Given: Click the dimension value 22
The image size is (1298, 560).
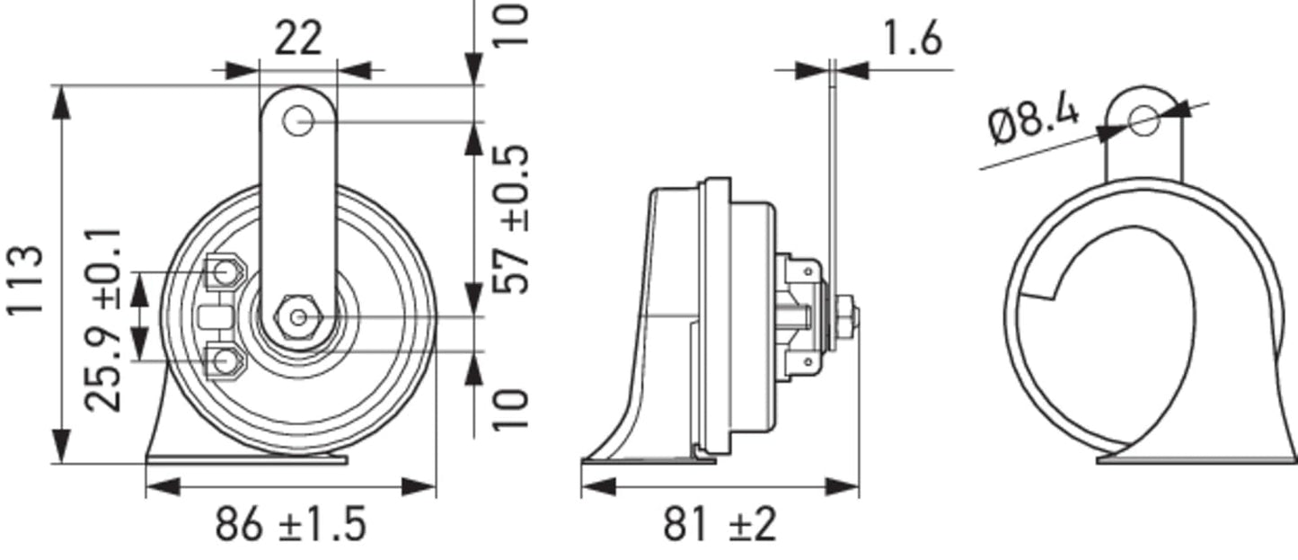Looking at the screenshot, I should click(x=297, y=39).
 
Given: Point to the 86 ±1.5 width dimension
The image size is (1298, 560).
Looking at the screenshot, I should click(x=290, y=524).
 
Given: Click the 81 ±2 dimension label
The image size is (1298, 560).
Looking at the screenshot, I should click(x=720, y=524).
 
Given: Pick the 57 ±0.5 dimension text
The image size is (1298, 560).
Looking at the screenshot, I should click(x=513, y=219).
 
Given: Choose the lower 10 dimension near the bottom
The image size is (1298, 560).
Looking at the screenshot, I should click(x=513, y=409).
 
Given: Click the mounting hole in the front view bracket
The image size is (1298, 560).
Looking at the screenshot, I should click(x=297, y=121).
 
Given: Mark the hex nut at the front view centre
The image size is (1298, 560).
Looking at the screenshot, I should click(x=297, y=317).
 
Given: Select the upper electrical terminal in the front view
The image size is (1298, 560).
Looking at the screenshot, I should click(x=222, y=271).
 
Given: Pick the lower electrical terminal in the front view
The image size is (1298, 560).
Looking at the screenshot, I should click(x=222, y=361).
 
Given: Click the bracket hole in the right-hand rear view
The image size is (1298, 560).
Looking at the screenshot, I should click(x=1143, y=119).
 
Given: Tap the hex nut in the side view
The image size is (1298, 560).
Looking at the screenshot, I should click(x=847, y=317).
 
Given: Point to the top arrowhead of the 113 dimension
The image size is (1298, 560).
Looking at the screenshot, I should click(x=61, y=102).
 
